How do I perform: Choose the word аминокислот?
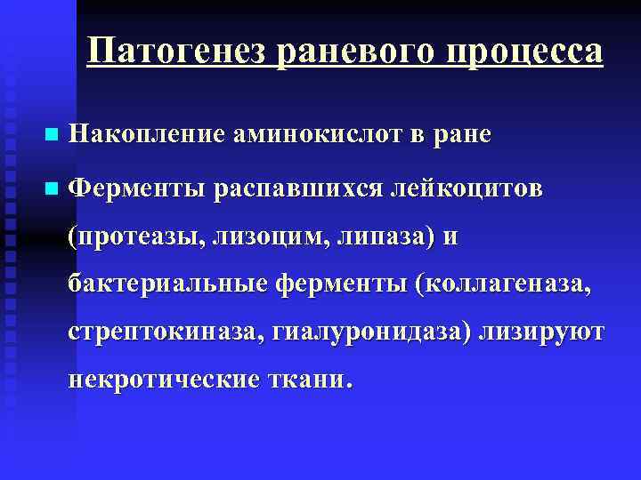click(x=305, y=134)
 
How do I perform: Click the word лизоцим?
click(x=258, y=236)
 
